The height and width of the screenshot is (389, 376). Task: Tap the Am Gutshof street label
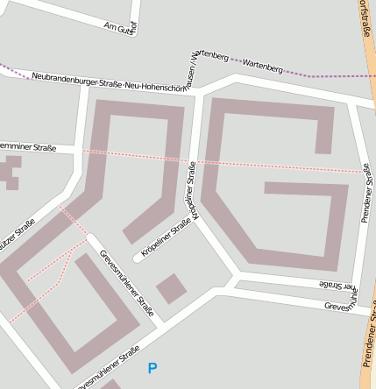coord(121,27)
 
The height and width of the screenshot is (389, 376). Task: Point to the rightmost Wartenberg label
coord(262,66)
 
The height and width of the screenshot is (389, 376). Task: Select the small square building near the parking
coord(171,288)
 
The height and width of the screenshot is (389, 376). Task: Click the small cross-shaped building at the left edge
coord(11,173)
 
